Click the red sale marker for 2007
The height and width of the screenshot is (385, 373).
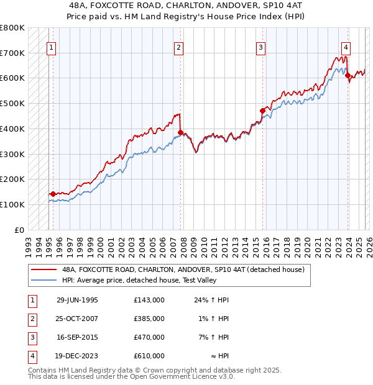[180, 132]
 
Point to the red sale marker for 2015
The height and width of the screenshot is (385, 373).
[262, 111]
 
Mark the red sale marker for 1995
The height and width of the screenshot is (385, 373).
[53, 194]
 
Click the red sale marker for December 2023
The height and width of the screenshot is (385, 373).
[348, 76]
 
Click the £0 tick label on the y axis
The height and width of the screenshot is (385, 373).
[19, 230]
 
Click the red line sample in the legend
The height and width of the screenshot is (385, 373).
[43, 270]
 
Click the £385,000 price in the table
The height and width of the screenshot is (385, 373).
[149, 319]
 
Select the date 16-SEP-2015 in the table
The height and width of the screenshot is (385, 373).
[77, 337]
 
